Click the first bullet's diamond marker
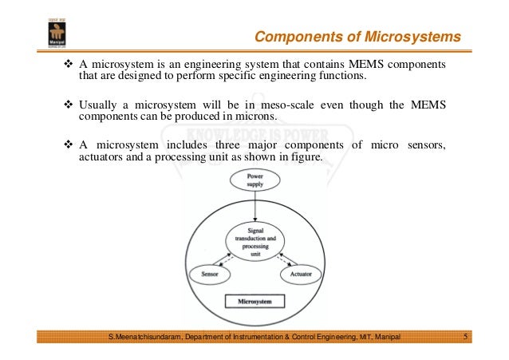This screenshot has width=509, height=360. [68, 64]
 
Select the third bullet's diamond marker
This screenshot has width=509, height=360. [68, 145]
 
